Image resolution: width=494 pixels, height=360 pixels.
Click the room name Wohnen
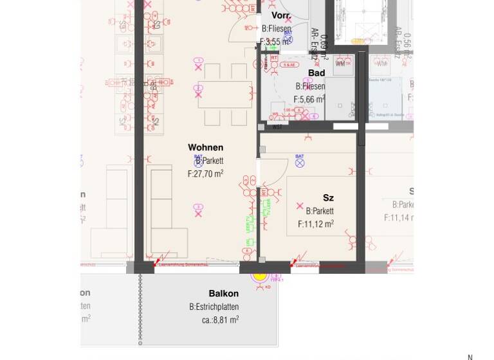point(205,148)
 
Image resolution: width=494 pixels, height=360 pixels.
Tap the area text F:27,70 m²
point(205,174)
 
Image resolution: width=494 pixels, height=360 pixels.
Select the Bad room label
point(316,73)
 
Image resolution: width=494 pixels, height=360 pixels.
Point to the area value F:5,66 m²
point(309,99)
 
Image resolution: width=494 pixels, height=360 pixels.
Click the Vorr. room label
point(281,15)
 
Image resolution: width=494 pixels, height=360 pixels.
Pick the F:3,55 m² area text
point(275,42)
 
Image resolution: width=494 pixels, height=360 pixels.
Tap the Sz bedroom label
point(328,198)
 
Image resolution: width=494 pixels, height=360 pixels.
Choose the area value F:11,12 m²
point(315,224)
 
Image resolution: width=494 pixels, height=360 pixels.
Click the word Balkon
point(223,294)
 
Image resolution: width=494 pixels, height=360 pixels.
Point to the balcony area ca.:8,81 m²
point(220,319)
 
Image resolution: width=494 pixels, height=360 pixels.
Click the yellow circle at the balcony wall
point(260,275)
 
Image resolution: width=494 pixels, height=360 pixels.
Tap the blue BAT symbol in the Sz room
point(300,162)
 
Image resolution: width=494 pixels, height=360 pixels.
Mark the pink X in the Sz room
point(299,206)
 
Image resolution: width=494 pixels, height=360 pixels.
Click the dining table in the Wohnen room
point(225,94)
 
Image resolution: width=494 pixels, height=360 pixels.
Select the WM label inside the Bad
point(340,64)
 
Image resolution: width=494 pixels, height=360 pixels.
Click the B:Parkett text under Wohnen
point(206,161)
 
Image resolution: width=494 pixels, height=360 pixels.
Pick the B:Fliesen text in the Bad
point(310,86)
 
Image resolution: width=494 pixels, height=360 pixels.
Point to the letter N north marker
point(470,357)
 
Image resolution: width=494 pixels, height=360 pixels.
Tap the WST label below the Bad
point(277,127)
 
